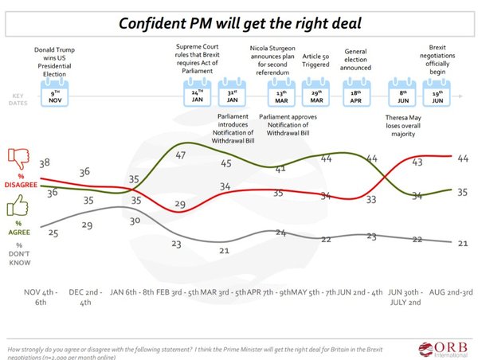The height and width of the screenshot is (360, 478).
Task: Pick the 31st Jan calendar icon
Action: (x=233, y=99)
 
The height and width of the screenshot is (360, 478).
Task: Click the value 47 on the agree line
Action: (x=182, y=155)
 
